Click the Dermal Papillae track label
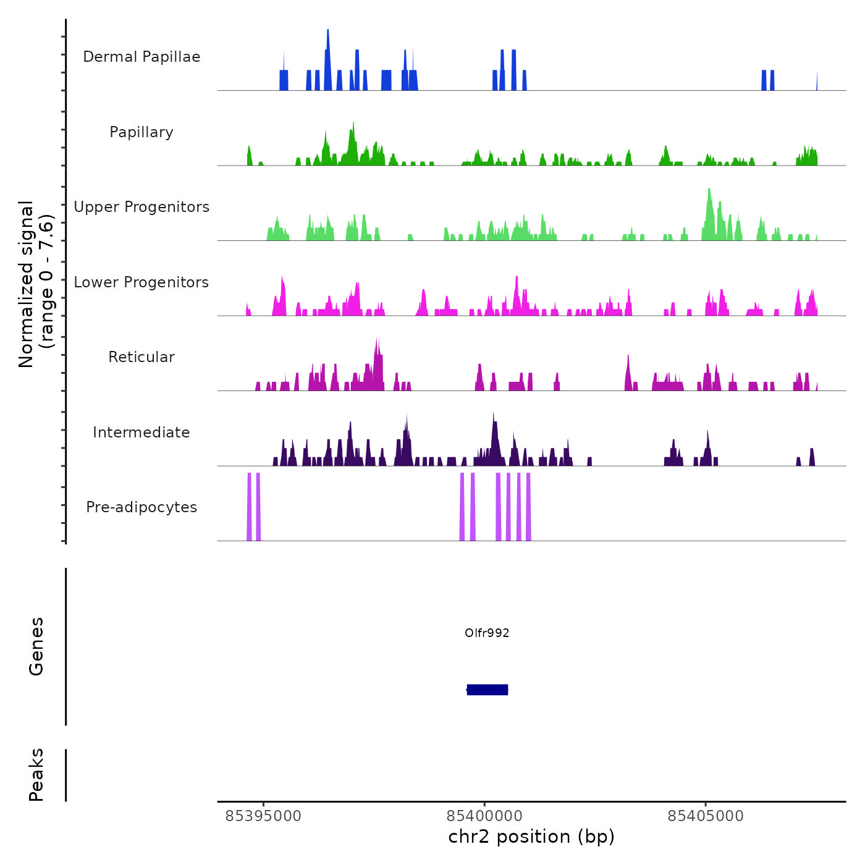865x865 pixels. click(x=141, y=57)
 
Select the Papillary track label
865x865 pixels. click(x=141, y=132)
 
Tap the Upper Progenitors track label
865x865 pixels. click(x=141, y=207)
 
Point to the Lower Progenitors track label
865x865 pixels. click(x=141, y=282)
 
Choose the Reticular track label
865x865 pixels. click(x=141, y=357)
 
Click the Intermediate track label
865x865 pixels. click(x=141, y=432)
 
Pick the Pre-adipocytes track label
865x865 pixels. click(x=141, y=507)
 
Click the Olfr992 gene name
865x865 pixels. click(x=487, y=633)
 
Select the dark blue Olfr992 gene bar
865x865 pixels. click(x=487, y=690)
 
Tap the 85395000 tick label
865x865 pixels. click(x=263, y=816)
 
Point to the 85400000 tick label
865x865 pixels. click(x=484, y=816)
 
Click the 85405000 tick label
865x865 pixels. click(x=706, y=816)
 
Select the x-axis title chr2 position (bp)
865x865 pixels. click(x=531, y=837)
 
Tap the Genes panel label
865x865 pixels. click(x=36, y=646)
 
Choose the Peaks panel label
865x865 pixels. click(x=36, y=775)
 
